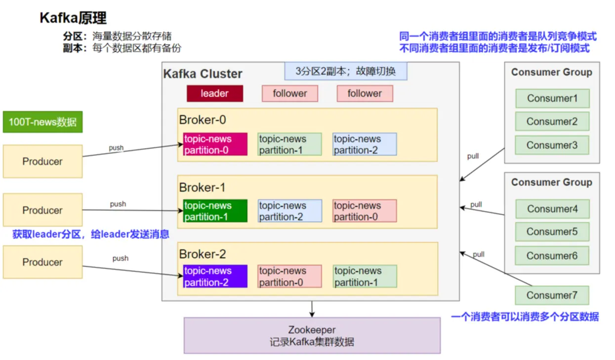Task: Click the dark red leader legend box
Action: click(215, 93)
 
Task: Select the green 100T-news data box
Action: click(43, 122)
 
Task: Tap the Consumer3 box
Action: click(552, 145)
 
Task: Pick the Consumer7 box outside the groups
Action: click(552, 295)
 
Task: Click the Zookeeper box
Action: click(312, 336)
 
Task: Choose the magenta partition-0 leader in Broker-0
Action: click(215, 144)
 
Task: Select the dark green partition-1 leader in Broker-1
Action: click(215, 211)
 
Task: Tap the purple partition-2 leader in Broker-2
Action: click(215, 277)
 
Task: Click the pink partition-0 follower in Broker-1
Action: click(365, 211)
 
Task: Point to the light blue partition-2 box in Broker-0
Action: click(365, 144)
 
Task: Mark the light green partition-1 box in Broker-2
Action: click(365, 277)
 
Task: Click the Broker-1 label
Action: click(203, 188)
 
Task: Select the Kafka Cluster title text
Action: click(203, 74)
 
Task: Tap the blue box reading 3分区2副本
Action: click(346, 71)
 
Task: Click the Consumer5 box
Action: click(552, 232)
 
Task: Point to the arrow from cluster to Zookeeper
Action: click(312, 309)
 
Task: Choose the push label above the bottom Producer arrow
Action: click(121, 258)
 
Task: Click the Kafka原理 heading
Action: click(73, 18)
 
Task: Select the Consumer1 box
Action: click(552, 98)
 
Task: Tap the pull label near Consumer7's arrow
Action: click(479, 254)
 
